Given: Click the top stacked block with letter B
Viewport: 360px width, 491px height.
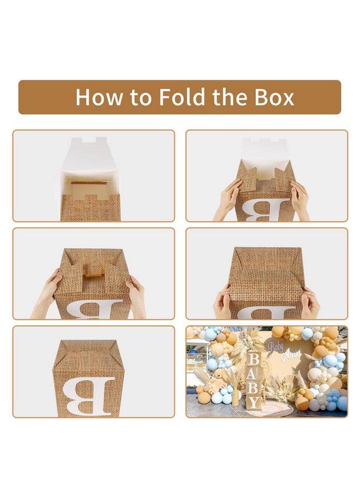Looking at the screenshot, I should tap(254, 361).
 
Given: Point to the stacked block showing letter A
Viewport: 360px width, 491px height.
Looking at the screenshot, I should tap(254, 375).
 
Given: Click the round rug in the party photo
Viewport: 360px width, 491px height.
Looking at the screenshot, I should tap(284, 406).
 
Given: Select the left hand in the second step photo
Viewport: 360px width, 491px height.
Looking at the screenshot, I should tap(229, 199).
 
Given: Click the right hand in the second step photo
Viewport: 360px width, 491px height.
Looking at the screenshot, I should tap(300, 199).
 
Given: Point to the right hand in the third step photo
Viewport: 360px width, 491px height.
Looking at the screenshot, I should tap(136, 295).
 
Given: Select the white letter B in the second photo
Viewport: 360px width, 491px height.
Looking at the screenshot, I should tap(267, 210).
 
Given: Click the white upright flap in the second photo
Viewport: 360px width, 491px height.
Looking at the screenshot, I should tap(267, 150).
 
